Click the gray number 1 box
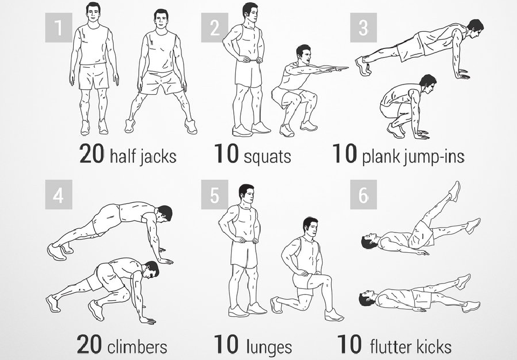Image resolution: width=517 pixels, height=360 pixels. coord(58,27)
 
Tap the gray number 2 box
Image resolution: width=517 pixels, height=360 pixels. coord(215,27)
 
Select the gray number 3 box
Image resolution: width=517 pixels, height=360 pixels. coord(364,27)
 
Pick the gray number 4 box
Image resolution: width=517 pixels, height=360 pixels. coord(58,195)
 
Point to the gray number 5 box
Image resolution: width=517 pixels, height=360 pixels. coord(215,195)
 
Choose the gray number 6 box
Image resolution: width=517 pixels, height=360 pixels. coord(364,195)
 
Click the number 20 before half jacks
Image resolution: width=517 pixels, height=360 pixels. coord(92,154)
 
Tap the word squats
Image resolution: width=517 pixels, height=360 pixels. coord(268,157)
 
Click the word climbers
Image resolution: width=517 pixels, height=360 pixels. coord(137,347)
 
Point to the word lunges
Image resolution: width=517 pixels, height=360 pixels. coord(269,348)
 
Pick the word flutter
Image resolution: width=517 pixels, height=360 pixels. coord(391,347)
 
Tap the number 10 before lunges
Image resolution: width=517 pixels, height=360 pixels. coord(226,344)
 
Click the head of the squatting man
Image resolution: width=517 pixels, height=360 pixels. coord(303,54)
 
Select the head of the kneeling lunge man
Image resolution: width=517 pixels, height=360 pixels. coord(310,227)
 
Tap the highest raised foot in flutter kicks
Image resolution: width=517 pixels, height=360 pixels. coord(455,190)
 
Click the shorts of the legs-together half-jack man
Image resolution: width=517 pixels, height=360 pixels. coord(94,76)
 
